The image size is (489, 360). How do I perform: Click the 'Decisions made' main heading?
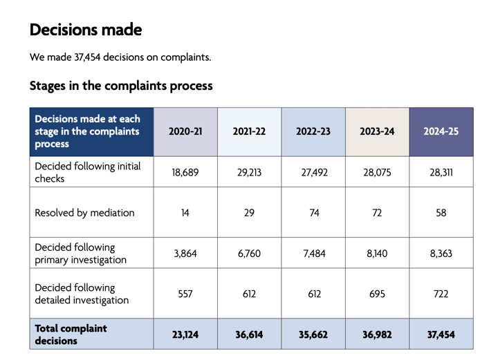click(x=85, y=30)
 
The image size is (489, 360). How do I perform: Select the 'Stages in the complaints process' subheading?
click(x=121, y=86)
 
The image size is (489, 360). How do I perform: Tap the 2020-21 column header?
click(x=185, y=132)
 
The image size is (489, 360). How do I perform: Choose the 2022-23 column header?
click(x=313, y=132)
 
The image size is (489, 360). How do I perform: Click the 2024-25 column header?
click(x=441, y=132)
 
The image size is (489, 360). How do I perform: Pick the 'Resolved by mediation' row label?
click(x=84, y=213)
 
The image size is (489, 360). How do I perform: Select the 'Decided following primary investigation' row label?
click(x=80, y=254)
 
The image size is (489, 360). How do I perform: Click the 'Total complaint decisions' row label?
click(x=71, y=334)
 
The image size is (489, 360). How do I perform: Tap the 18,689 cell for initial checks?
click(x=185, y=173)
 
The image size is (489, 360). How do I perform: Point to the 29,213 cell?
click(x=249, y=173)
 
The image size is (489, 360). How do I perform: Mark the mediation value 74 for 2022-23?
click(x=313, y=213)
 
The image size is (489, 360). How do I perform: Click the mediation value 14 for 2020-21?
click(x=185, y=213)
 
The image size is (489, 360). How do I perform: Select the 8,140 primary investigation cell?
click(x=377, y=254)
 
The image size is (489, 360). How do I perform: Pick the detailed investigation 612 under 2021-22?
click(x=249, y=294)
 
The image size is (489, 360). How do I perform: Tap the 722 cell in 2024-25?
click(x=441, y=294)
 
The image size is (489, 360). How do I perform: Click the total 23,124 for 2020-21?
click(x=185, y=334)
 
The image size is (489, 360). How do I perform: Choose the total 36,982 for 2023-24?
click(x=377, y=334)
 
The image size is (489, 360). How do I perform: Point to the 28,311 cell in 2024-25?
click(x=441, y=173)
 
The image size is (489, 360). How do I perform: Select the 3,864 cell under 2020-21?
click(x=185, y=254)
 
